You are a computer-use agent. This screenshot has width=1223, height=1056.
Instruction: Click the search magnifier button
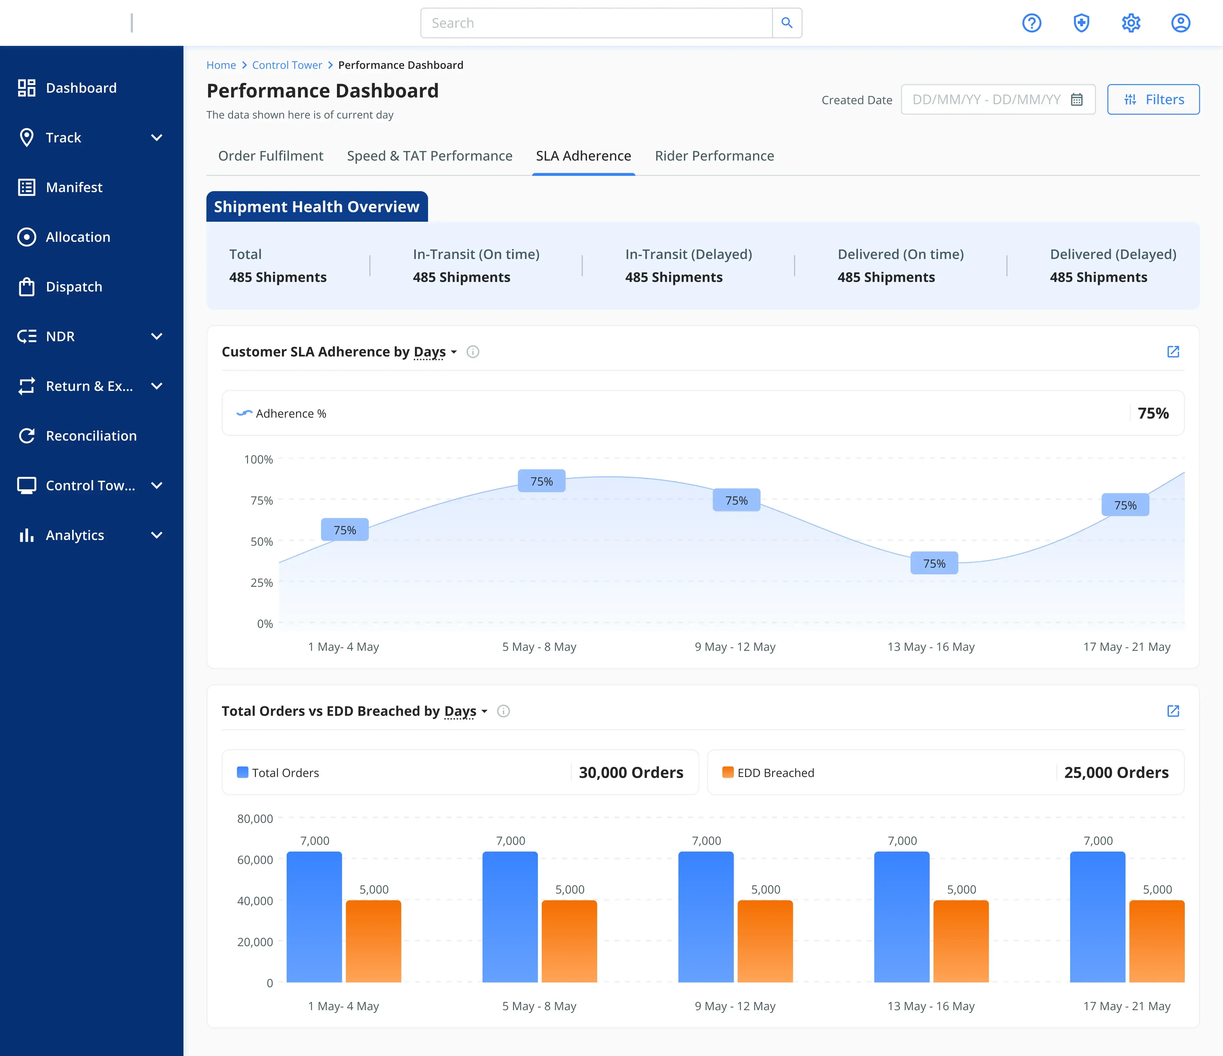[787, 23]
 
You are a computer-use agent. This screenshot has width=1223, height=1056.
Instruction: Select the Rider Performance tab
[714, 156]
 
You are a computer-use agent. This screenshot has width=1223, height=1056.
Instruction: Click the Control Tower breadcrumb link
[287, 65]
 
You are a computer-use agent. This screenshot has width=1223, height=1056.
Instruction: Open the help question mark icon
[1032, 23]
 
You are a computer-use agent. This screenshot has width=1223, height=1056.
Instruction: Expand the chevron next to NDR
[157, 336]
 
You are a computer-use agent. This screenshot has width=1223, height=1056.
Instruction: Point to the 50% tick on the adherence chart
[261, 541]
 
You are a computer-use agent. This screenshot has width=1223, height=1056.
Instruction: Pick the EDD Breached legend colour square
[728, 772]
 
